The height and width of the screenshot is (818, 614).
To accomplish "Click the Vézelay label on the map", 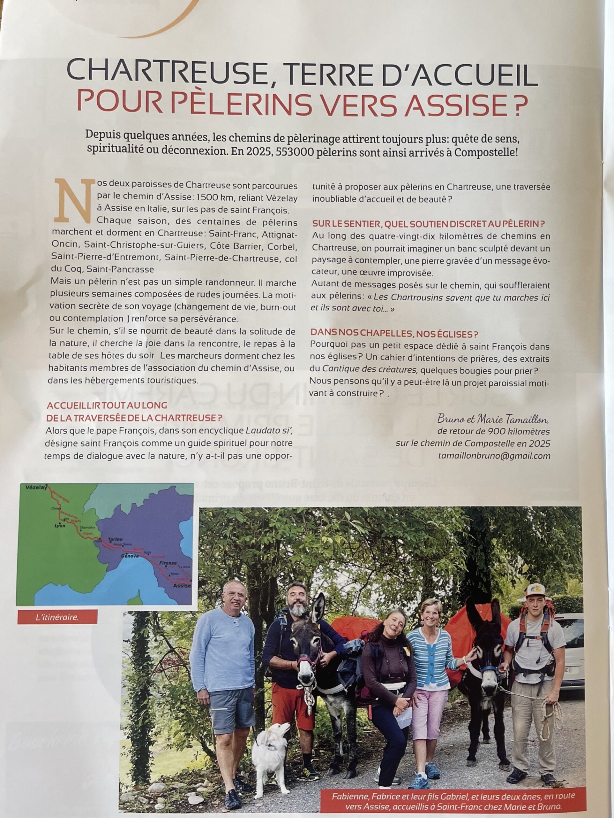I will point(36,487).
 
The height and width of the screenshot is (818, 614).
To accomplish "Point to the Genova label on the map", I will point(129,556).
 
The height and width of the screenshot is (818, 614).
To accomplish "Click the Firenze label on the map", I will point(168,563).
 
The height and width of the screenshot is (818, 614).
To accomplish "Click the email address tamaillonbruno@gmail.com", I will point(494,456).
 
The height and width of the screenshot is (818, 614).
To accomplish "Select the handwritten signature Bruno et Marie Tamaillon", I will point(493,419).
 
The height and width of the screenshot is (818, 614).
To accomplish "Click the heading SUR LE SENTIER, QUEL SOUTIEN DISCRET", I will point(429,224).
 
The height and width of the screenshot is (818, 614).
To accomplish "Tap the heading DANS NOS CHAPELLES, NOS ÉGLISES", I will point(394,334).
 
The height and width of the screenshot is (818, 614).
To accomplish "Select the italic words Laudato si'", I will point(269,430).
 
